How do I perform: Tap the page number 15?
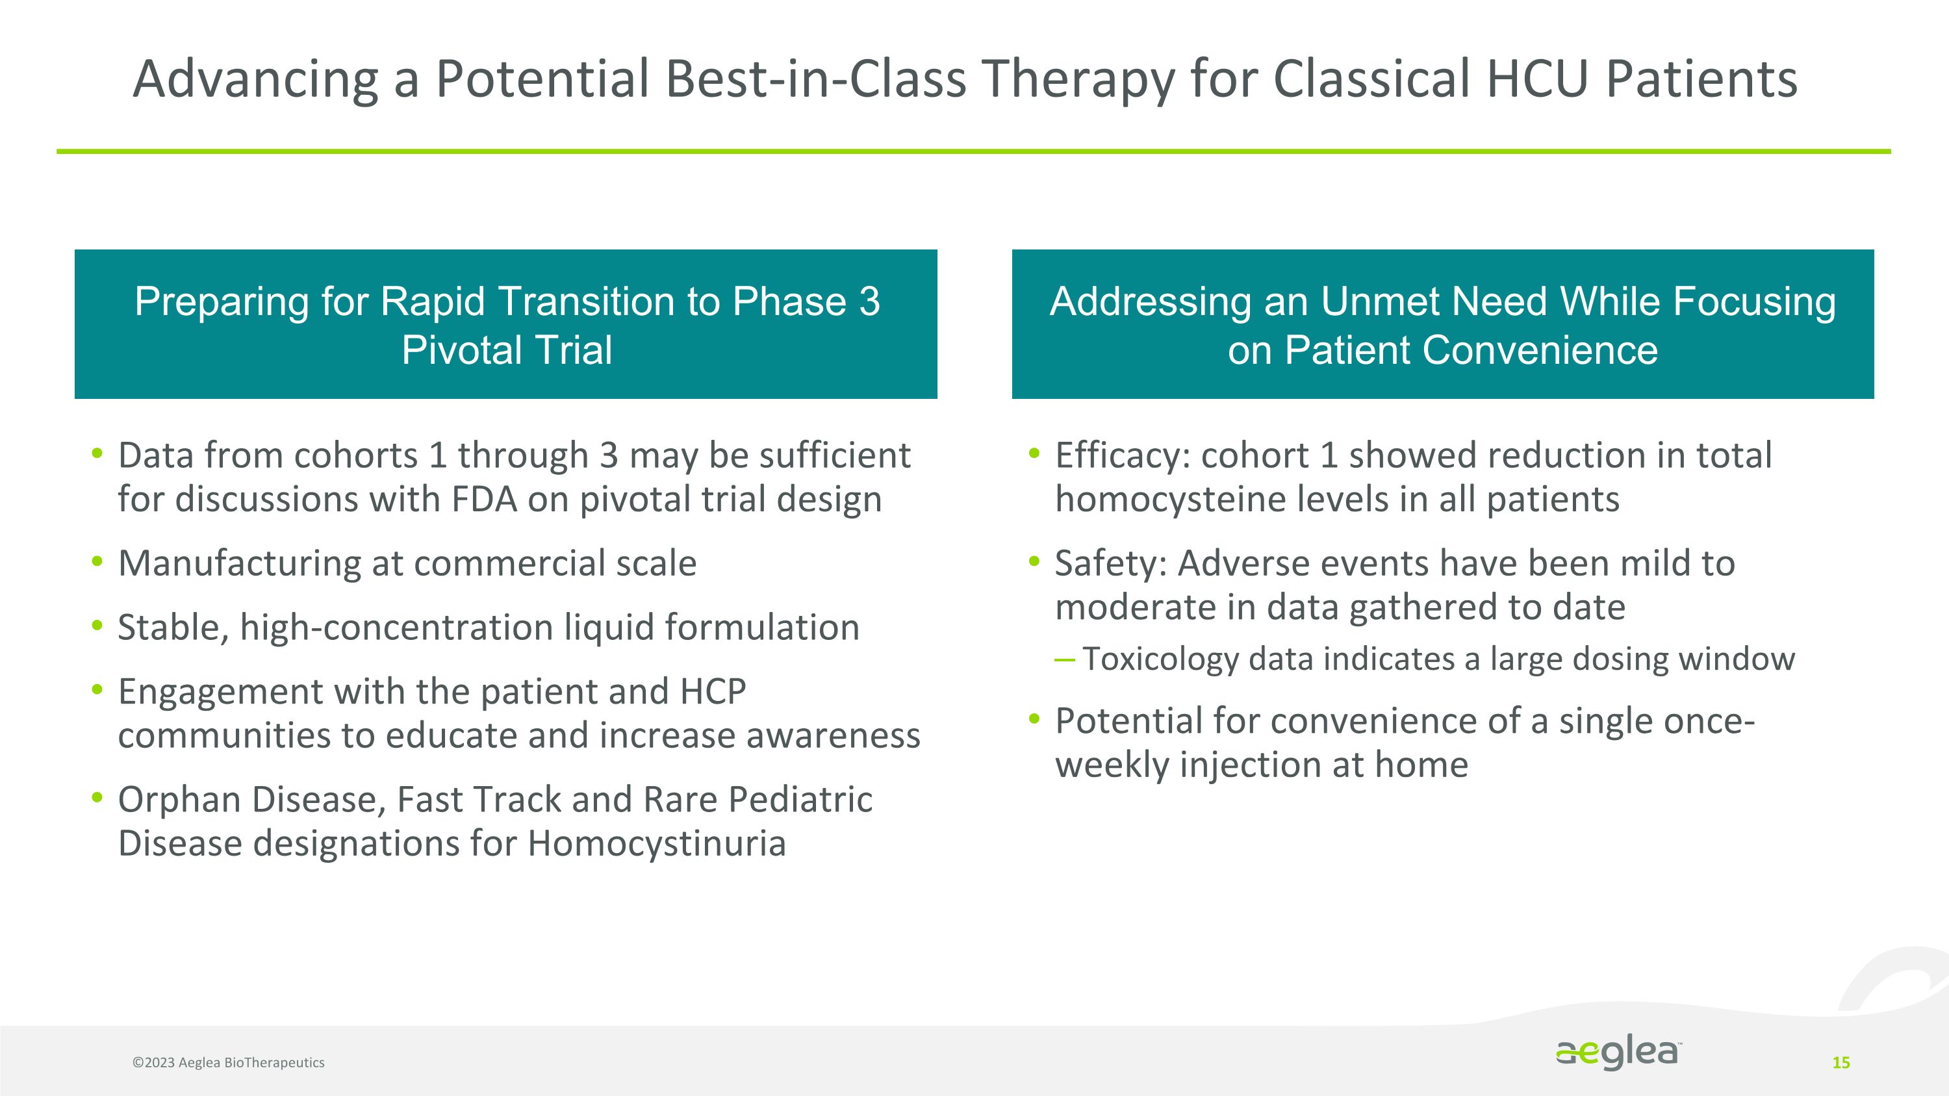point(1841,1063)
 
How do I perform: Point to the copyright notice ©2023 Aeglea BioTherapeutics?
point(229,1062)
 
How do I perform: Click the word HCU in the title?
point(1536,79)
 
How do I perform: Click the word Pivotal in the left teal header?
point(459,350)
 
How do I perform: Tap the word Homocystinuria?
point(657,844)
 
